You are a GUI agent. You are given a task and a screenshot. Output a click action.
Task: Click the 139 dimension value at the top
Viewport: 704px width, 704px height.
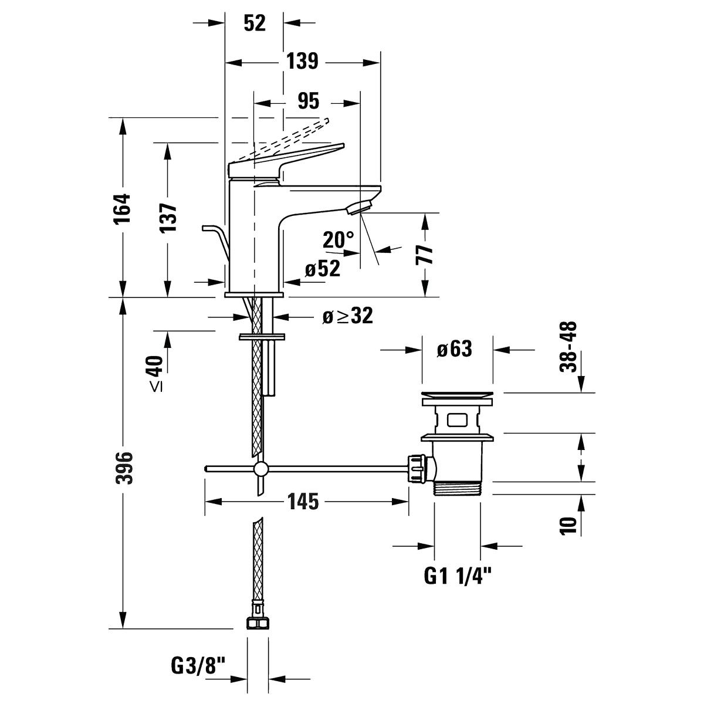[x=302, y=61]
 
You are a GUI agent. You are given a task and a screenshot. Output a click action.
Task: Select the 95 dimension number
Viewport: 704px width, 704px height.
[x=307, y=101]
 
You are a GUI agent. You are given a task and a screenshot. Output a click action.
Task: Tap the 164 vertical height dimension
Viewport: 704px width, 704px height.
[x=123, y=208]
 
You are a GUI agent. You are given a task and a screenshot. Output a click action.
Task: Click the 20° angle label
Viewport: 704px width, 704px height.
[x=339, y=239]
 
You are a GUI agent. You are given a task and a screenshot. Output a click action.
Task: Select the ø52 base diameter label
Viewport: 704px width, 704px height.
[x=322, y=269]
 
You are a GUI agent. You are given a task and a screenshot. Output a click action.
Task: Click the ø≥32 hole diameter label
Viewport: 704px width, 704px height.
[x=347, y=317]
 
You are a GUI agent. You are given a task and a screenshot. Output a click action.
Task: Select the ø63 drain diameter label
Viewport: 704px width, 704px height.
[x=454, y=350]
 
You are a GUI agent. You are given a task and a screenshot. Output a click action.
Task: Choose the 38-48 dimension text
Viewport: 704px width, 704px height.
[x=568, y=346]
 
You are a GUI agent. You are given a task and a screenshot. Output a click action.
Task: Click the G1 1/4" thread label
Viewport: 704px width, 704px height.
[x=457, y=577]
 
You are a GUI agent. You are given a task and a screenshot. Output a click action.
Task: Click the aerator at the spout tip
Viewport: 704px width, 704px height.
[x=359, y=207]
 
